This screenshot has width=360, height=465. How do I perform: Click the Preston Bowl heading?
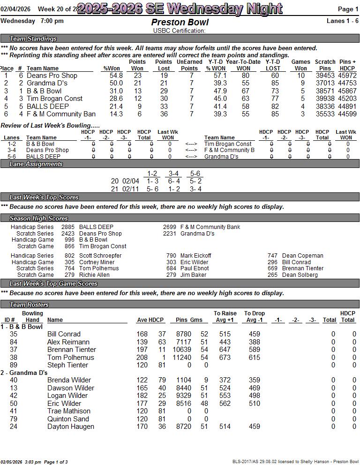click(x=180, y=22)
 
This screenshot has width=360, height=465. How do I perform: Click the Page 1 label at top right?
click(x=348, y=9)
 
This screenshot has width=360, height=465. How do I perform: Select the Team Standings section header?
click(x=33, y=38)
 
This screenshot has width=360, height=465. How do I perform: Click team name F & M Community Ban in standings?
click(x=61, y=114)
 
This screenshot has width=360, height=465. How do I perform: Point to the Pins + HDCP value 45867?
click(x=347, y=91)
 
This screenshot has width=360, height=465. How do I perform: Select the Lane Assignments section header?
click(x=36, y=164)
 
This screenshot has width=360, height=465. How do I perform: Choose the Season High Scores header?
click(x=39, y=218)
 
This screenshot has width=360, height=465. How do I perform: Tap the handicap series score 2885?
click(x=67, y=227)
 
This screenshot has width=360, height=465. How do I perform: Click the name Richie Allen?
click(x=94, y=275)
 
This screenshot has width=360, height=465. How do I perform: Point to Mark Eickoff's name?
click(x=195, y=256)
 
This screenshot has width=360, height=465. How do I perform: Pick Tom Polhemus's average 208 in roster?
click(x=142, y=358)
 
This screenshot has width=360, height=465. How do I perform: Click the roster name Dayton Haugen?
click(x=71, y=427)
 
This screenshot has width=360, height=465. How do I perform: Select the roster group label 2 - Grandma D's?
click(x=24, y=373)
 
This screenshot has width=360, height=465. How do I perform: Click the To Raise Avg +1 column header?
click(x=225, y=317)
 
